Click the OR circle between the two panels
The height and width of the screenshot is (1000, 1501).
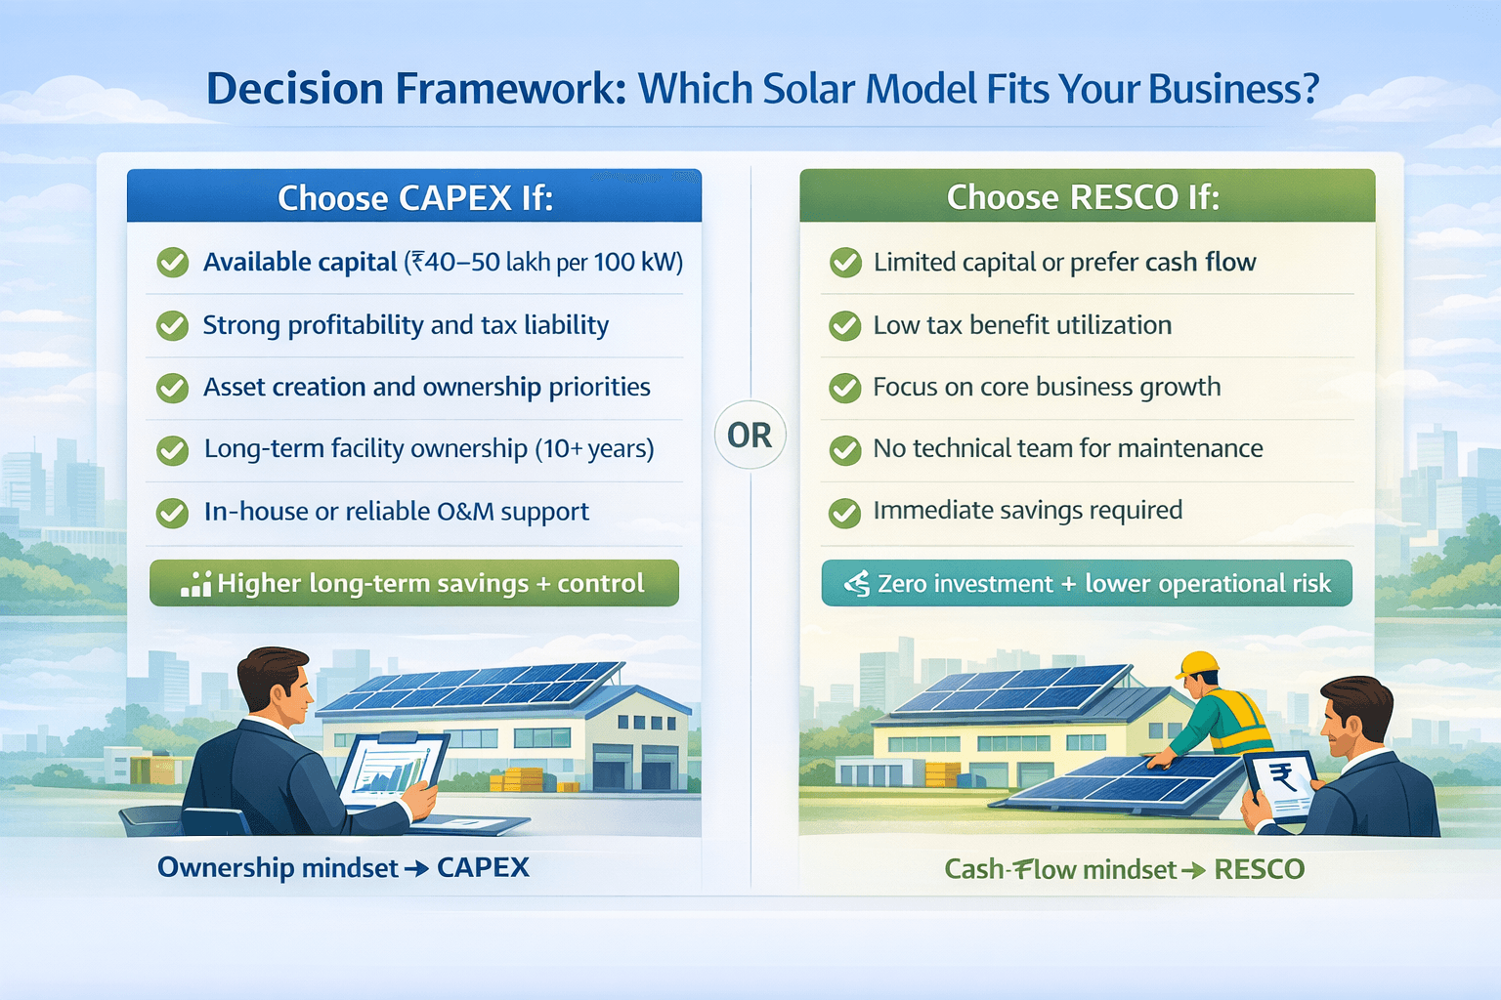click(750, 435)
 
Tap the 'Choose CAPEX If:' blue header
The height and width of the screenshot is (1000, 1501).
click(414, 195)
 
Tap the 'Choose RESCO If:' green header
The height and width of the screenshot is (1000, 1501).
click(1087, 195)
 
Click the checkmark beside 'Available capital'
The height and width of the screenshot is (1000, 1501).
click(173, 262)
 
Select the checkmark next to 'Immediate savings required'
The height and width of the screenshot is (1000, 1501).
click(845, 513)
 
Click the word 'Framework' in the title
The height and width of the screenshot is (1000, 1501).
click(511, 89)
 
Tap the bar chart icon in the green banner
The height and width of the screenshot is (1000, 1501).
click(195, 584)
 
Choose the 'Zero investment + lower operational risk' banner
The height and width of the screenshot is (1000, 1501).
click(1087, 583)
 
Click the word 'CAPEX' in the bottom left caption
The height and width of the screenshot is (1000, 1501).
click(483, 867)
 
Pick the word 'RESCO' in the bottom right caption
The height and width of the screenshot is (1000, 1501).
click(1260, 869)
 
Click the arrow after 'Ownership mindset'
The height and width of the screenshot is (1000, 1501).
click(417, 869)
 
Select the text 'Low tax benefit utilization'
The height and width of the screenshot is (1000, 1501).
click(1022, 325)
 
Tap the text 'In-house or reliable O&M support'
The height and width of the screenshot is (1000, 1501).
click(397, 512)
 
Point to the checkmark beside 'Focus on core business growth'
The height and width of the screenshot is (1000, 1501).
click(845, 388)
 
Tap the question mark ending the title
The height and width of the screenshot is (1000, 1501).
click(1307, 89)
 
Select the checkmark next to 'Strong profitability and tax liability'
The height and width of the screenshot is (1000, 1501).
click(173, 325)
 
